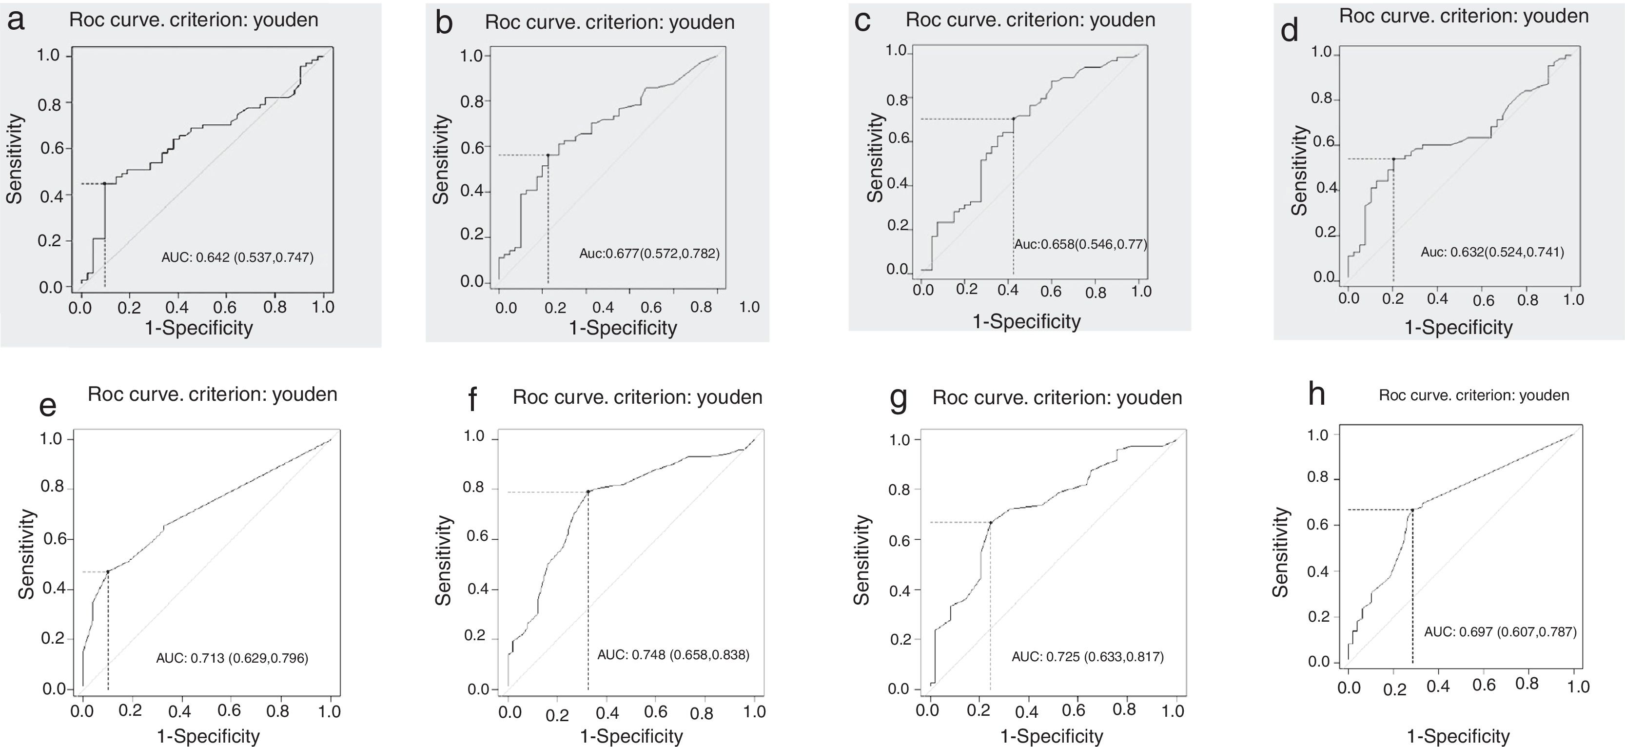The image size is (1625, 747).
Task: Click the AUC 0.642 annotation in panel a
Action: point(237,257)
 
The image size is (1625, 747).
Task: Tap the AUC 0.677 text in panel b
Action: point(649,254)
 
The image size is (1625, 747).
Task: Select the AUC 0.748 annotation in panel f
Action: point(673,655)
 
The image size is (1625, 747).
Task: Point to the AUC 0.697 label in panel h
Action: point(1500,631)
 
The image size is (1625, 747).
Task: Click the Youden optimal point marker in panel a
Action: point(105,184)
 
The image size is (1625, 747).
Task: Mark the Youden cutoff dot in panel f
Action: point(588,491)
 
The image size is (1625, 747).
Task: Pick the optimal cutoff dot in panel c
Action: point(1013,118)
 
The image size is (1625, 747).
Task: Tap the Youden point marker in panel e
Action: point(108,571)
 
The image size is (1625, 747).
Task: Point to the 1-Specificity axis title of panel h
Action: point(1458,736)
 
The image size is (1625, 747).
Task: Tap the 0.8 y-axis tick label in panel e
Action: point(52,487)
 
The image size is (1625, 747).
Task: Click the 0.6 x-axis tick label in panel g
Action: point(1073,710)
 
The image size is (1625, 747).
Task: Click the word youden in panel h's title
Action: point(1544,395)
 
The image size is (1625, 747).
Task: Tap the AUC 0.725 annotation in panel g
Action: point(1088,657)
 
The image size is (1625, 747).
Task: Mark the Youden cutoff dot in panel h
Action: point(1412,509)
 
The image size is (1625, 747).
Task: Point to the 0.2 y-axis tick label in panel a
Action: point(51,240)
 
